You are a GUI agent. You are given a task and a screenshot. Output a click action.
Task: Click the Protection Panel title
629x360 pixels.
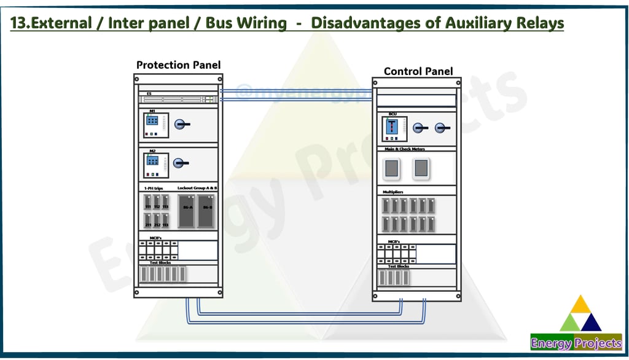click(178, 65)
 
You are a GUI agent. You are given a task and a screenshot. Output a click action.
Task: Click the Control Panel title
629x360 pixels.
click(418, 71)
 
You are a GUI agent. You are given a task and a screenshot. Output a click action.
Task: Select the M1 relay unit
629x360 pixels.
click(152, 125)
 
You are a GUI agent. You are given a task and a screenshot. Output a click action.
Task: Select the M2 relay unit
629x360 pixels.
click(152, 164)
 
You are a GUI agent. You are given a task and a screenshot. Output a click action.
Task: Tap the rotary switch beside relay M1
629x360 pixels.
click(181, 124)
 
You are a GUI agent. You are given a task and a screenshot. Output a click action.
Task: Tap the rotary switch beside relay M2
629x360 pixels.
click(180, 163)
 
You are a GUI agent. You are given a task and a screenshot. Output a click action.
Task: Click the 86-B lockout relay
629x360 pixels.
click(206, 210)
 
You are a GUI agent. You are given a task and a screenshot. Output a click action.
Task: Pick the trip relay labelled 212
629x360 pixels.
click(157, 220)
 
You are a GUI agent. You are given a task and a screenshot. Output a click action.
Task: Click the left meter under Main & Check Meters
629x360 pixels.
click(391, 168)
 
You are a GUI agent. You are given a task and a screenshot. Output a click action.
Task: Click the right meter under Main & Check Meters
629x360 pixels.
click(421, 168)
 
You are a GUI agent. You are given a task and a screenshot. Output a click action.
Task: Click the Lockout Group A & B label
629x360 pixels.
click(197, 187)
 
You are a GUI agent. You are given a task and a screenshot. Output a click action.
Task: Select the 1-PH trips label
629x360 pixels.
click(153, 187)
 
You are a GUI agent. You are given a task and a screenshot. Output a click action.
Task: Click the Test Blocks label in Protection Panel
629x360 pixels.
click(160, 263)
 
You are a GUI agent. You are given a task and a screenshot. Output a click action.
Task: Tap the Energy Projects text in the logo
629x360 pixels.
click(576, 343)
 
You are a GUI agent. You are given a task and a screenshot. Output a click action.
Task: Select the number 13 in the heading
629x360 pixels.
click(18, 24)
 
